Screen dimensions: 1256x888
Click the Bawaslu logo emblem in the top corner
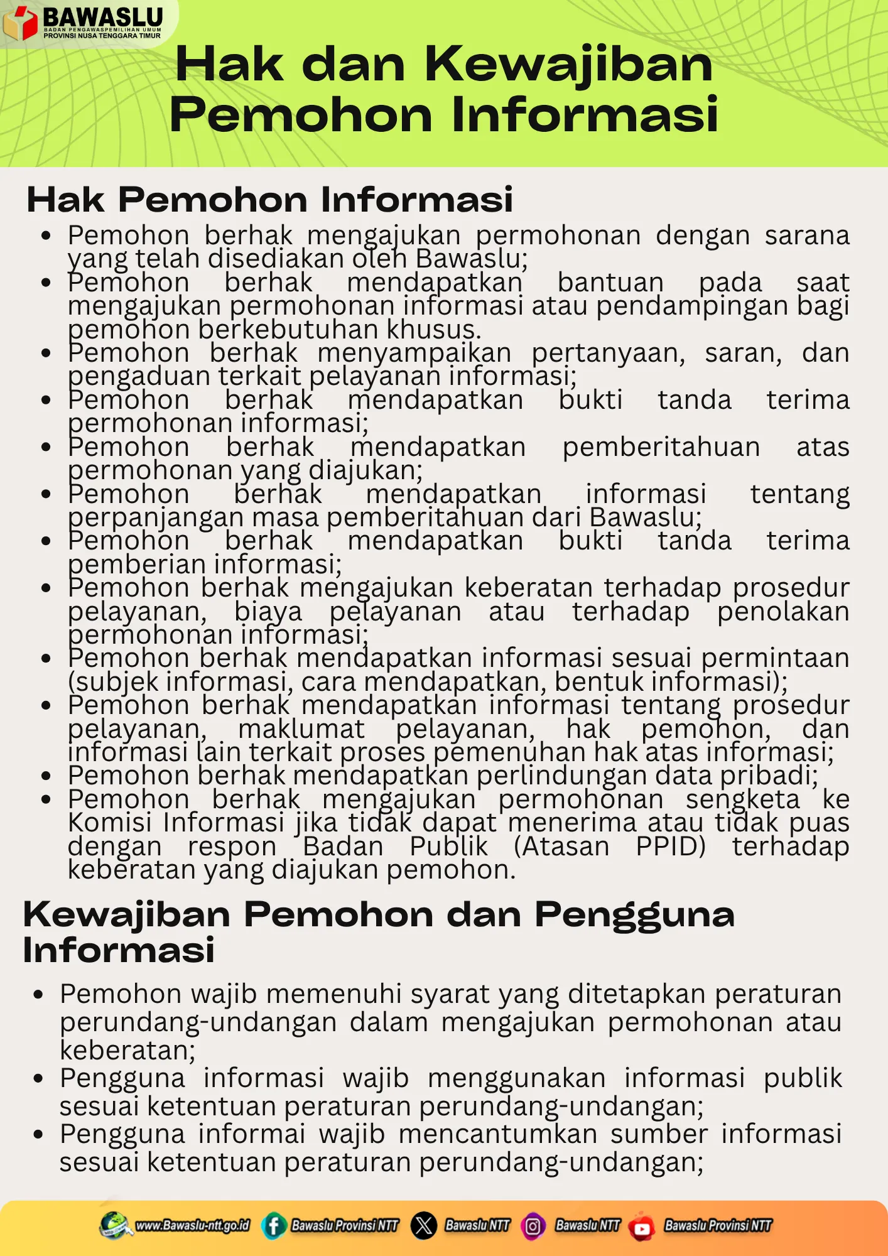pyautogui.click(x=21, y=23)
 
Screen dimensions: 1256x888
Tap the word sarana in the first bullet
pyautogui.click(x=806, y=236)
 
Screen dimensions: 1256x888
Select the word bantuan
pyautogui.click(x=610, y=283)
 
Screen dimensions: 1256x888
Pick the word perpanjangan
pyautogui.click(x=155, y=518)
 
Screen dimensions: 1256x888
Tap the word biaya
pyautogui.click(x=268, y=612)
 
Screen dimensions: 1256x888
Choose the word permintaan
pyautogui.click(x=775, y=658)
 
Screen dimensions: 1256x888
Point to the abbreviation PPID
pyautogui.click(x=670, y=847)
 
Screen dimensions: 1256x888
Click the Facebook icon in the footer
pyautogui.click(x=274, y=1225)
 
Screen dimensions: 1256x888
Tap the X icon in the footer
pyautogui.click(x=424, y=1225)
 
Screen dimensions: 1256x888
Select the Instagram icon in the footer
pyautogui.click(x=533, y=1226)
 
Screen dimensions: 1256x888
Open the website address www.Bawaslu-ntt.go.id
pyautogui.click(x=192, y=1225)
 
